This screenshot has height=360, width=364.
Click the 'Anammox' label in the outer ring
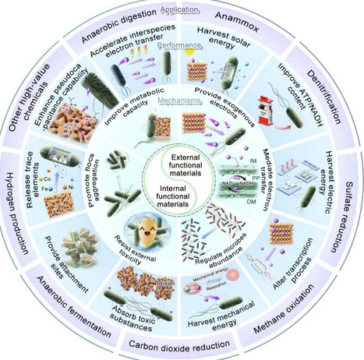247,23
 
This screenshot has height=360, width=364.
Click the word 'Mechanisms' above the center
182,101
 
